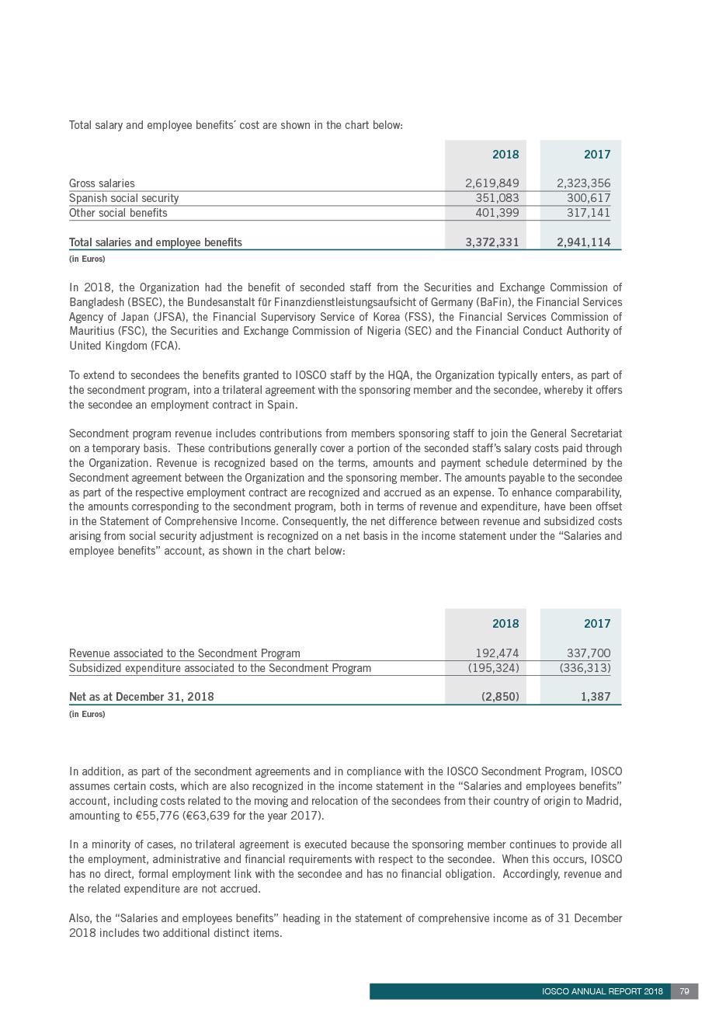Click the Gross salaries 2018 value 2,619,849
(x=492, y=183)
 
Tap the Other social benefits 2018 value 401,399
(x=496, y=213)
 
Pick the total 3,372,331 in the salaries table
(x=492, y=242)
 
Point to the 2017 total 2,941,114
(x=583, y=242)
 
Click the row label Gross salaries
(x=102, y=183)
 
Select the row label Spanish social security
(x=123, y=198)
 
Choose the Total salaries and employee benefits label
(x=155, y=242)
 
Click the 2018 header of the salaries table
(x=505, y=155)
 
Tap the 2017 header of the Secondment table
(x=597, y=624)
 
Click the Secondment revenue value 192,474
(x=497, y=653)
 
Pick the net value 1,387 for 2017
(x=596, y=697)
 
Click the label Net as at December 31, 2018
(x=141, y=697)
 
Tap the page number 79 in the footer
(x=684, y=991)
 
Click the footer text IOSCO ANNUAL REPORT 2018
(x=602, y=991)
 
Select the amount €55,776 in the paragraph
(x=157, y=816)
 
